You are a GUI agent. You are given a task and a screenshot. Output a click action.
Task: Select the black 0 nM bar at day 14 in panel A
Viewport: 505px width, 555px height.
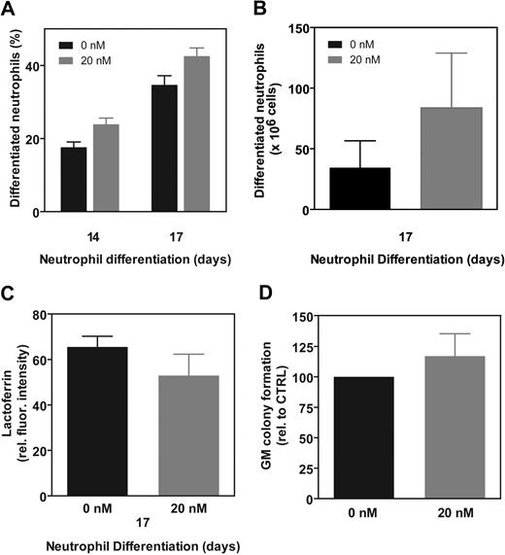pos(74,180)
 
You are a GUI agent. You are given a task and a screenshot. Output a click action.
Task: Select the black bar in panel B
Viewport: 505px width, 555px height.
pos(360,189)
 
